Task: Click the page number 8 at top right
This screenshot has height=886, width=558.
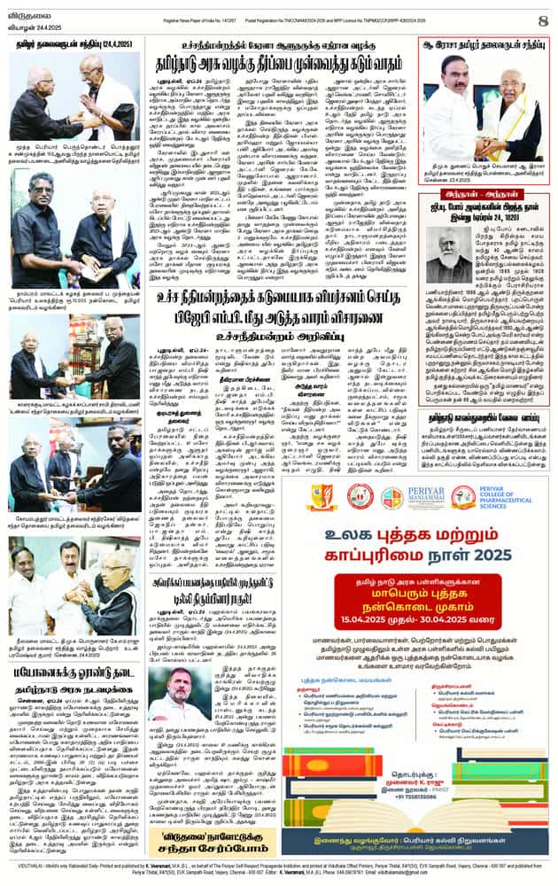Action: pyautogui.click(x=541, y=19)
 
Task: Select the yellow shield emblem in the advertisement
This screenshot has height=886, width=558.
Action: pyautogui.click(x=320, y=497)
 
